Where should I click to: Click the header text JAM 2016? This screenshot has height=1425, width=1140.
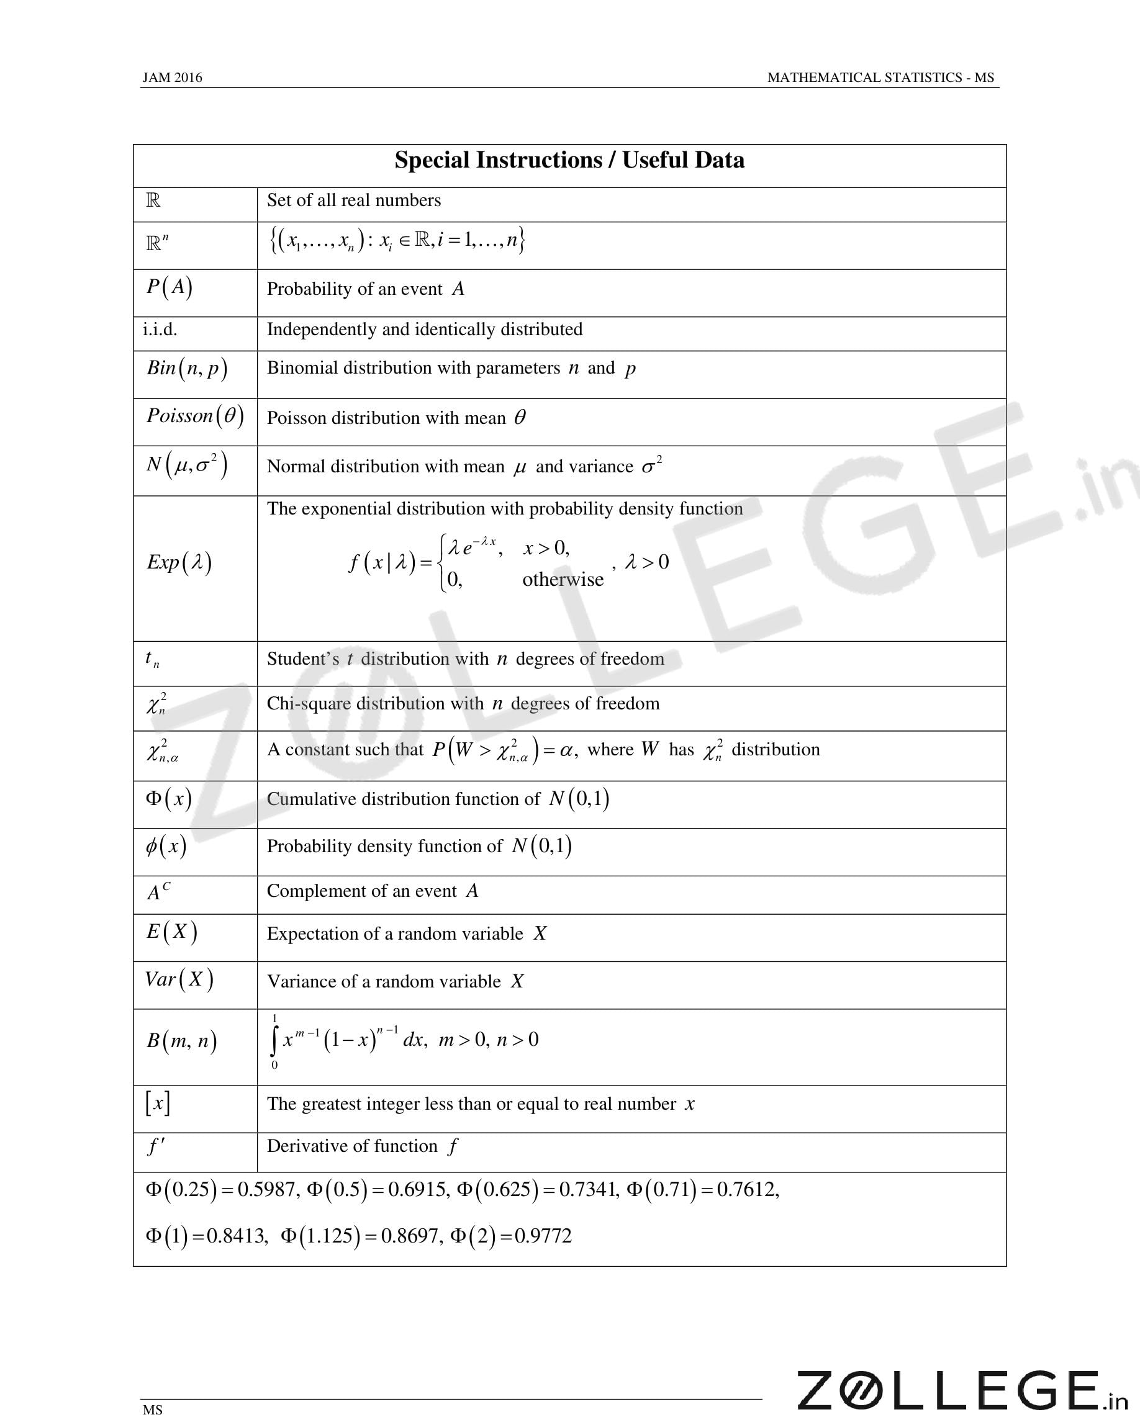click(x=172, y=78)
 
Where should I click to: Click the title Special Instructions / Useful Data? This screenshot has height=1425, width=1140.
click(x=569, y=161)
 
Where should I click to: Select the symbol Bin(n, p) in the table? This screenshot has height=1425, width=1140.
click(x=187, y=368)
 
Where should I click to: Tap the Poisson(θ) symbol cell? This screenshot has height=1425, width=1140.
click(x=195, y=416)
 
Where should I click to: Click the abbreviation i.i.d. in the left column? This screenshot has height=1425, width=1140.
click(x=160, y=329)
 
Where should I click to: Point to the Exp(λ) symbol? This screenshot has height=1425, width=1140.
click(x=179, y=562)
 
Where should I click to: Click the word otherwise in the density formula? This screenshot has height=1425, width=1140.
click(x=563, y=580)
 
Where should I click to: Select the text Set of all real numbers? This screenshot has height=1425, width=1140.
click(x=354, y=200)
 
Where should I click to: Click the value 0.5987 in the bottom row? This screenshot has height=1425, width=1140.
click(x=266, y=1190)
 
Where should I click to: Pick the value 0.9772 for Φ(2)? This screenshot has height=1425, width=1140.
click(x=543, y=1236)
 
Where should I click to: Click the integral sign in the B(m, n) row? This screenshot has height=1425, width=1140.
click(x=274, y=1041)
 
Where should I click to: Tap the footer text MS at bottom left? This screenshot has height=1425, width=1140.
click(x=152, y=1410)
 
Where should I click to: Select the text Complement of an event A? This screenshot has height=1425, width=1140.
click(x=373, y=891)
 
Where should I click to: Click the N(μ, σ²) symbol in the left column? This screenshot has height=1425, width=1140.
click(x=187, y=465)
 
